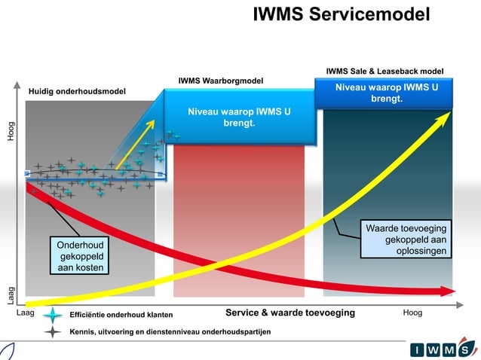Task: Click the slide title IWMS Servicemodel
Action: click(x=342, y=14)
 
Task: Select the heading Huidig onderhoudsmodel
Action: click(x=78, y=91)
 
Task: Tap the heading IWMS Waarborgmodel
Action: click(x=220, y=81)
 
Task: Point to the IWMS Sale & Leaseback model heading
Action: click(x=384, y=72)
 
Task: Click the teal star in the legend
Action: click(x=52, y=315)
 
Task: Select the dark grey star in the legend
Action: click(x=52, y=331)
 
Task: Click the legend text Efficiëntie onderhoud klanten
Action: click(x=121, y=315)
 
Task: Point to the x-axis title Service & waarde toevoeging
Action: click(x=290, y=313)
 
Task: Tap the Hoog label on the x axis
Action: click(x=412, y=313)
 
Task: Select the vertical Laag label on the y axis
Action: click(x=11, y=294)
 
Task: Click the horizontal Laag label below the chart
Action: click(x=26, y=313)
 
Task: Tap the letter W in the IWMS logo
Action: click(x=433, y=349)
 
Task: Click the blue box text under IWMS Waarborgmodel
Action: click(x=239, y=117)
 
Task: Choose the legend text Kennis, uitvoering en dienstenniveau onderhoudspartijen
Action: click(x=170, y=331)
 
